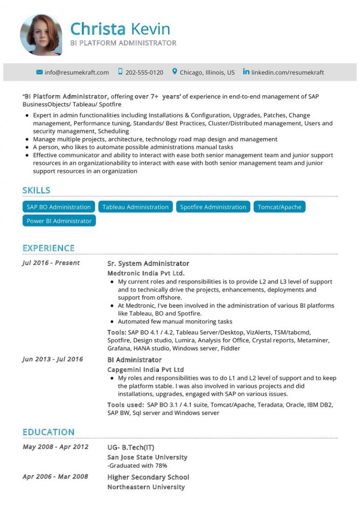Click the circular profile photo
41,35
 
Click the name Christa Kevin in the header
120,29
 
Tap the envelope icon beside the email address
39,72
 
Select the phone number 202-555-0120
144,72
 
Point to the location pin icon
175,72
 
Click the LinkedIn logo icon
246,72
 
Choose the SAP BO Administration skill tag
59,207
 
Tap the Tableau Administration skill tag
135,207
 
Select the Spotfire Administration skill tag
213,207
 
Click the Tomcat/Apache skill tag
279,207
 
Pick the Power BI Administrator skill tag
59,221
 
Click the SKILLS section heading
36,190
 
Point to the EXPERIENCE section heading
48,248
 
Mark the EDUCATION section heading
48,432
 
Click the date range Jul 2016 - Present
51,263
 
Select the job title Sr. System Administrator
148,264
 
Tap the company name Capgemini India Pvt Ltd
145,369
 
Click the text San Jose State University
147,457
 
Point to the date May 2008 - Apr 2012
55,447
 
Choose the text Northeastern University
146,487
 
